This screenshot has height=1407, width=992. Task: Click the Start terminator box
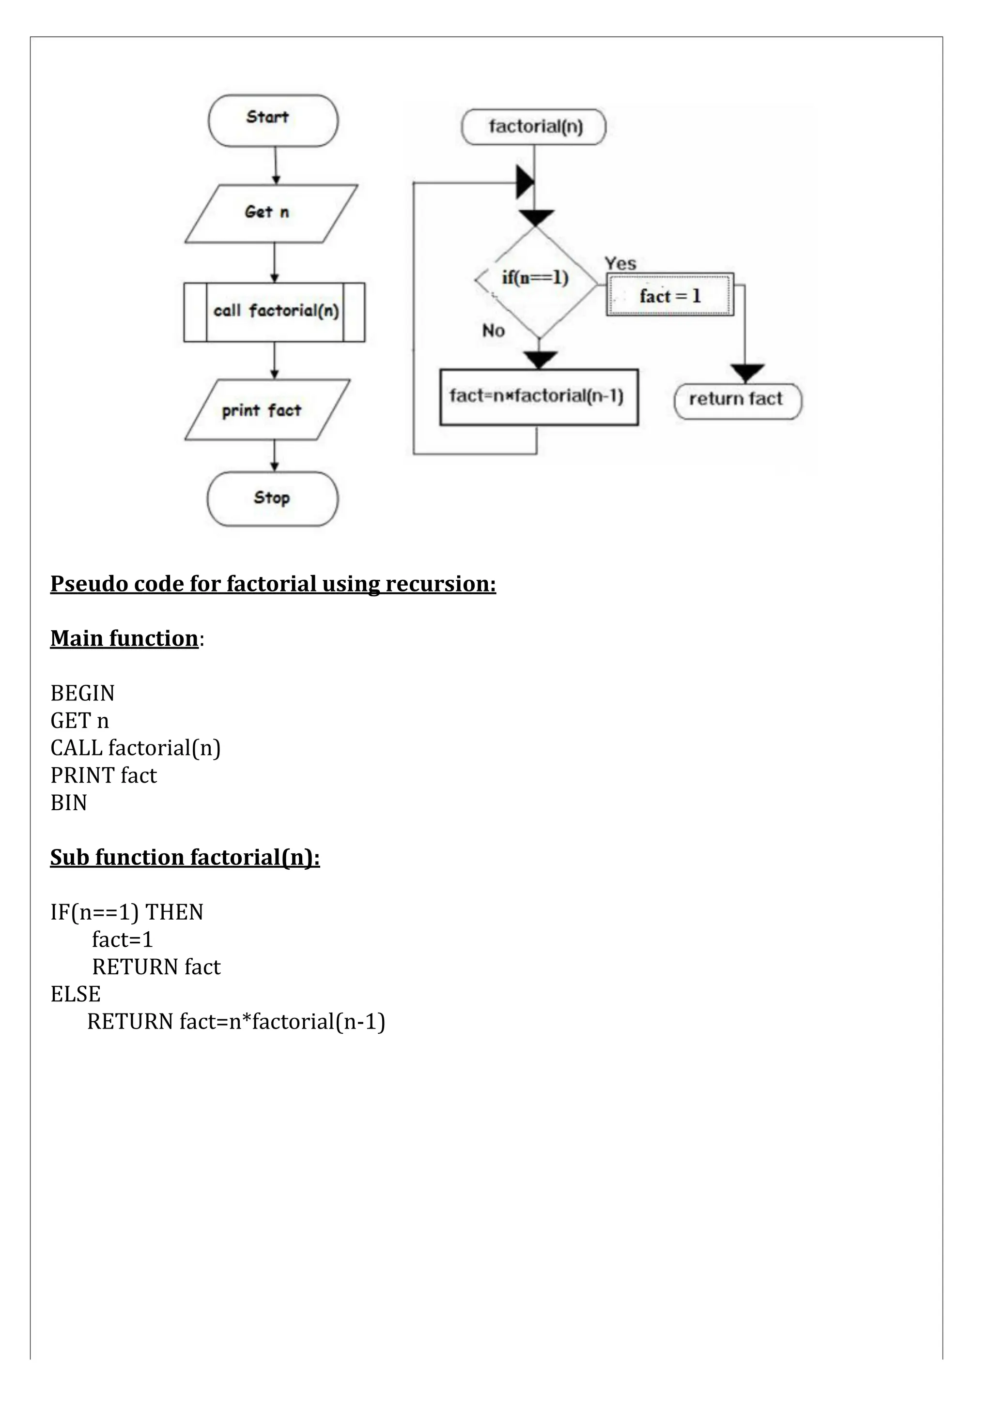click(x=273, y=121)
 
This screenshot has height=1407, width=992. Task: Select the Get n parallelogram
click(x=270, y=213)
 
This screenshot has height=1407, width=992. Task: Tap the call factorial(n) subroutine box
click(x=274, y=312)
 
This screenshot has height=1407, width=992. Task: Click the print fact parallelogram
click(x=267, y=409)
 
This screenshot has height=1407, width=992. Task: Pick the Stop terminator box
click(x=272, y=498)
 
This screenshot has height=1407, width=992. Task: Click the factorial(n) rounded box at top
click(x=534, y=127)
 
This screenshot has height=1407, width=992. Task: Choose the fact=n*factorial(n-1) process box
click(x=538, y=397)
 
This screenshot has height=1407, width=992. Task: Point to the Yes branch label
click(x=620, y=263)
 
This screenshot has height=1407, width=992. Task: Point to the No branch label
click(x=493, y=331)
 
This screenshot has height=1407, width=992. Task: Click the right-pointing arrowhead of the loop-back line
click(x=525, y=182)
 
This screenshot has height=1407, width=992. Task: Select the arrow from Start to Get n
click(x=276, y=166)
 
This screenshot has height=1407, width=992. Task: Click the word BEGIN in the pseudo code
click(x=83, y=693)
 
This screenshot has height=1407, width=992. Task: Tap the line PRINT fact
click(x=104, y=775)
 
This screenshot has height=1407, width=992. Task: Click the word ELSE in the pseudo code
click(x=76, y=994)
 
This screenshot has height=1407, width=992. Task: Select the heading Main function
click(x=124, y=638)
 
